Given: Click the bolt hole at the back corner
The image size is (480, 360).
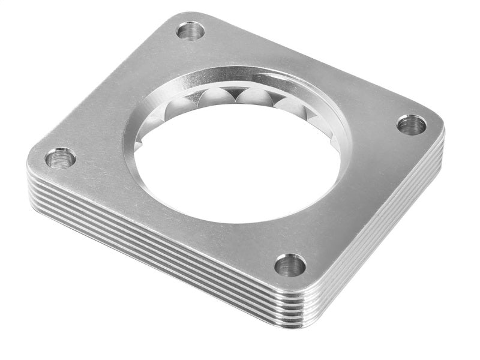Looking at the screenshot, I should pyautogui.click(x=191, y=30).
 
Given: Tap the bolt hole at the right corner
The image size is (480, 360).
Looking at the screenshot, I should pyautogui.click(x=412, y=125).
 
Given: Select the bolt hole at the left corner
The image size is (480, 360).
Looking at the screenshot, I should pyautogui.click(x=60, y=158).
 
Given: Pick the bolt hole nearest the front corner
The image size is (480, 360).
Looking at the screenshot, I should pyautogui.click(x=290, y=265).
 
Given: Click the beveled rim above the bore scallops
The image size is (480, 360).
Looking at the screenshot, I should pyautogui.click(x=240, y=77).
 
